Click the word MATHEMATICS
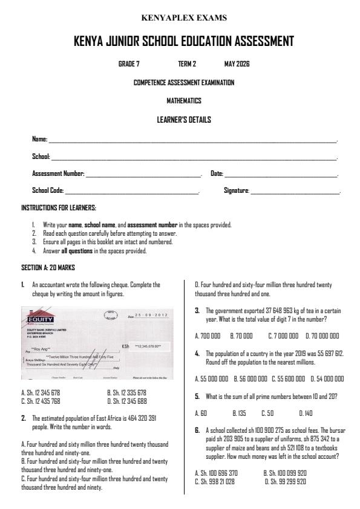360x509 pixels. (x=184, y=100)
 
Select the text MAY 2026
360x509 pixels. (x=237, y=63)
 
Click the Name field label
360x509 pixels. (x=39, y=140)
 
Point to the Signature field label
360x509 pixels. (x=236, y=190)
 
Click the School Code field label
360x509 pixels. (x=48, y=190)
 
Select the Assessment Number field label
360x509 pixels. (x=58, y=173)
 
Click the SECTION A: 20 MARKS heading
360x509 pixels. (x=47, y=267)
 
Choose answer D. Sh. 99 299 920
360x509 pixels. (x=285, y=481)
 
